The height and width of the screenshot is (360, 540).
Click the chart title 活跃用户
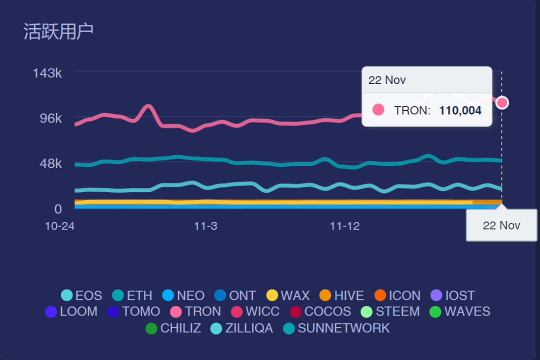point(58,31)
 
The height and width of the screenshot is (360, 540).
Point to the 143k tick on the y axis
point(47,73)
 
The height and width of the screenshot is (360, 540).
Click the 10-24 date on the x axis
point(59,226)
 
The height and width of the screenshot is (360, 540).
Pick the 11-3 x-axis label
point(205,226)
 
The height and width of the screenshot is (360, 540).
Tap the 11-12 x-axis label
point(344,226)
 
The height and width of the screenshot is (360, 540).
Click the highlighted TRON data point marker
point(502,102)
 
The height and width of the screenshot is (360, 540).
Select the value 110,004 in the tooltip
point(460,110)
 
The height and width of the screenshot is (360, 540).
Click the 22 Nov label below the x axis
point(501,225)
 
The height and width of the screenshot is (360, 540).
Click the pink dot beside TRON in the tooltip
point(378,110)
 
